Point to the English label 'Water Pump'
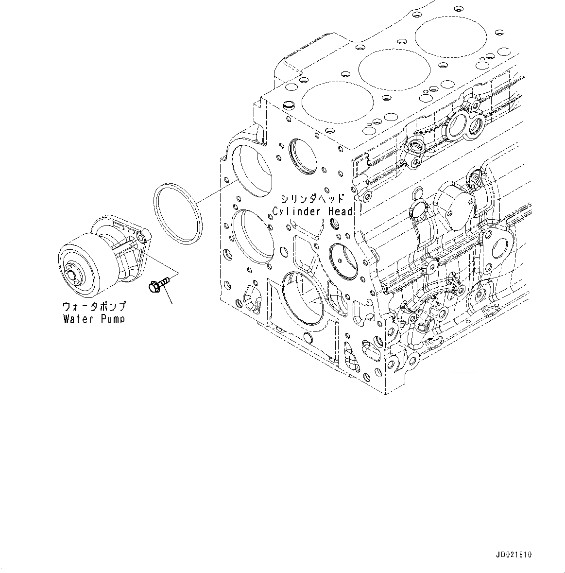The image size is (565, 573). point(94,319)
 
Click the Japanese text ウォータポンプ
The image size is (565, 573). point(94,306)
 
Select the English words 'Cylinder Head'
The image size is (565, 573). point(312,211)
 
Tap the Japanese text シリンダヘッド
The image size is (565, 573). point(312,198)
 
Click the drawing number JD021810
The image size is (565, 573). point(514,555)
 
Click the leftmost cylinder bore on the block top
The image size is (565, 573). point(338,102)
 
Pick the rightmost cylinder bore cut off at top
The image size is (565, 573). point(449,34)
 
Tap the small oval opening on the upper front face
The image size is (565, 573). point(299,156)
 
